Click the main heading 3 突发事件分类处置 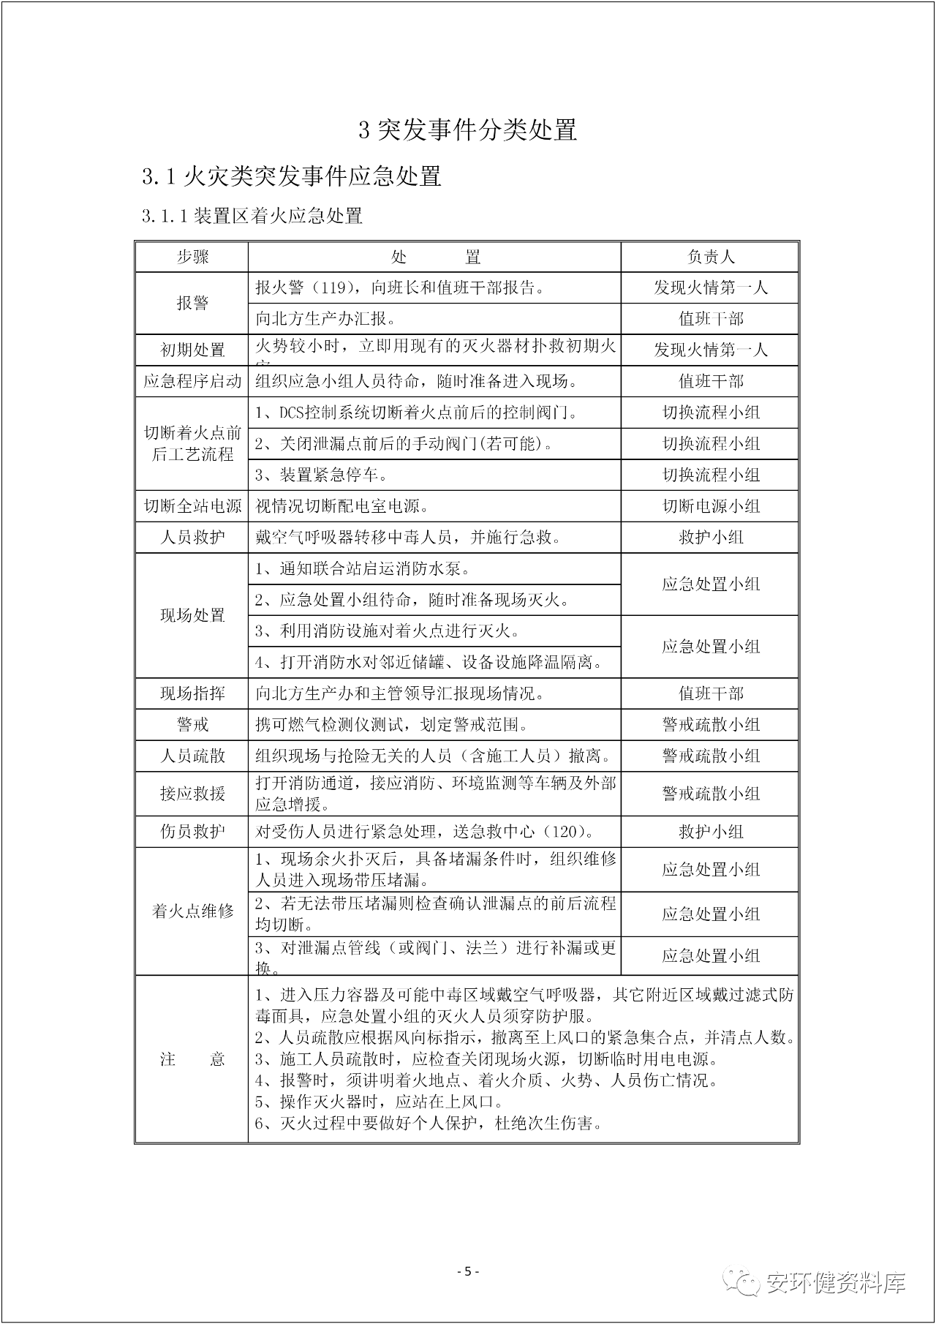click(468, 129)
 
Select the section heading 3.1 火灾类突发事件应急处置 click(292, 176)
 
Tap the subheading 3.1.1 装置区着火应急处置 click(252, 216)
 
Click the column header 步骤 click(192, 257)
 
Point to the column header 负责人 click(710, 257)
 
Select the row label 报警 click(192, 303)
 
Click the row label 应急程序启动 click(192, 381)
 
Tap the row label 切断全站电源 click(192, 506)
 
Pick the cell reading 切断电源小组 click(710, 506)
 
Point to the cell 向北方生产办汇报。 click(326, 319)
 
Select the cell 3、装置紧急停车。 click(321, 475)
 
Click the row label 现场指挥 click(192, 693)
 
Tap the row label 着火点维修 click(192, 911)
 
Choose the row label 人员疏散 click(192, 756)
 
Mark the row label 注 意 click(192, 1059)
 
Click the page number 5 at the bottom click(468, 1271)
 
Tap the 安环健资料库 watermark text click(835, 1282)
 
